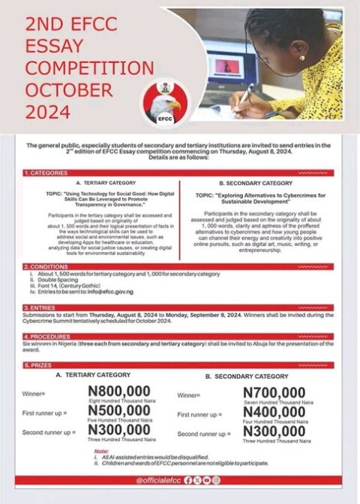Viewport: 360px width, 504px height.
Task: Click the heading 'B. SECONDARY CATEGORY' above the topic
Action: [255, 183]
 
